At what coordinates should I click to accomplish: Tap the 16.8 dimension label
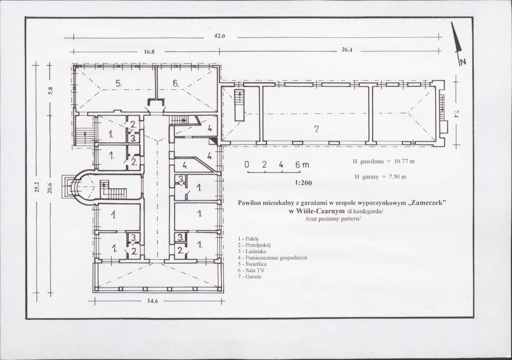149,52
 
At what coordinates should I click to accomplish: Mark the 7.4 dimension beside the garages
456,113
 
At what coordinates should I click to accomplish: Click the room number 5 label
119,83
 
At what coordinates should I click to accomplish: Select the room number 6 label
176,84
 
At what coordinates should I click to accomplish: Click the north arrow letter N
463,61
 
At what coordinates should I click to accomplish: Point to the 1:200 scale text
303,183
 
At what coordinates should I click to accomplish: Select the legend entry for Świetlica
252,264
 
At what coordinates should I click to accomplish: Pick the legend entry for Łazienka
252,251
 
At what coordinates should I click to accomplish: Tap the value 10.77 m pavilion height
404,161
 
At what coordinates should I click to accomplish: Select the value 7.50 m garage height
398,177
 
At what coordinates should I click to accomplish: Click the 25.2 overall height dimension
37,187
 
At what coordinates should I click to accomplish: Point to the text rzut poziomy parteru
333,219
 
